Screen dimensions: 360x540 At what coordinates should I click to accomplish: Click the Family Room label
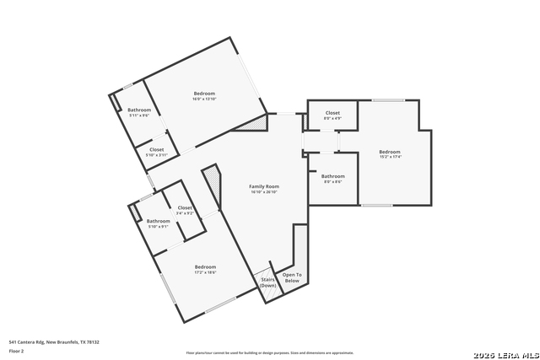(264, 186)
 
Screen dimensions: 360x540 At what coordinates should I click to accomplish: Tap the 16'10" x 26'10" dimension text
(264, 192)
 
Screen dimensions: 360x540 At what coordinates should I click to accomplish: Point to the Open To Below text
(292, 278)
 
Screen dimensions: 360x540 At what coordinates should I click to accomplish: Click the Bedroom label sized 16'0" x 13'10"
(204, 93)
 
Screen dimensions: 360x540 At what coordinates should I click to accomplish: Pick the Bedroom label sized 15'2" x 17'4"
(390, 151)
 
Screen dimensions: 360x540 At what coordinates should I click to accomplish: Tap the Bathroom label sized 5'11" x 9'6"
(139, 110)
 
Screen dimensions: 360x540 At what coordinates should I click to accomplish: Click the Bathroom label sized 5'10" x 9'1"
(159, 221)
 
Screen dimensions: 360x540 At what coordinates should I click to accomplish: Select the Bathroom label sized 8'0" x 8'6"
(332, 176)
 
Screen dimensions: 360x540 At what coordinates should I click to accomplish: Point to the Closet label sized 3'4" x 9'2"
(185, 207)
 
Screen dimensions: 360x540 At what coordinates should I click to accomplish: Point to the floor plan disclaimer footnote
(270, 353)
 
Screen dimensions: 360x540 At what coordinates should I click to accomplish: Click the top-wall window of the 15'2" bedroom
(388, 100)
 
